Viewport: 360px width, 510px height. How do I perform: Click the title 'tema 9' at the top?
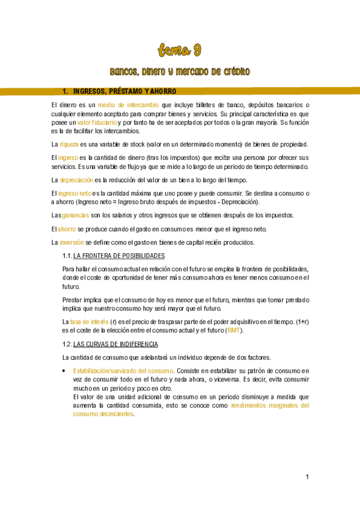click(x=180, y=49)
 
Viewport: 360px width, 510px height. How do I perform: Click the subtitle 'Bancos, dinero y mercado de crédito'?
click(x=180, y=72)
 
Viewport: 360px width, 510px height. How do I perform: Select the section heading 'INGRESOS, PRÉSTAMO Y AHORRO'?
click(x=124, y=91)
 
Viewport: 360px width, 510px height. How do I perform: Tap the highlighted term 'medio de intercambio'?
click(x=129, y=105)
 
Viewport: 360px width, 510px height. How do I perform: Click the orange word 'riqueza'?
click(x=69, y=144)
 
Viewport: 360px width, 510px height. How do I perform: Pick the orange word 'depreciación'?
click(x=76, y=180)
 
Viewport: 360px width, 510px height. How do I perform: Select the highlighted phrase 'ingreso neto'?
click(x=74, y=193)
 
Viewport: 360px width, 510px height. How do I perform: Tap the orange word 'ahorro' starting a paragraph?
click(x=67, y=229)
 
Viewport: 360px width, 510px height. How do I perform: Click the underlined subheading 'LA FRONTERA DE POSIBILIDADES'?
click(x=115, y=256)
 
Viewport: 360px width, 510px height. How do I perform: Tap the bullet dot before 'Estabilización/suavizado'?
click(x=64, y=371)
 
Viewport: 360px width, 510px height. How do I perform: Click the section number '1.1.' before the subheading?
click(x=67, y=256)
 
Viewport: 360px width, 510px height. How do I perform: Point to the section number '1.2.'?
click(x=67, y=344)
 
